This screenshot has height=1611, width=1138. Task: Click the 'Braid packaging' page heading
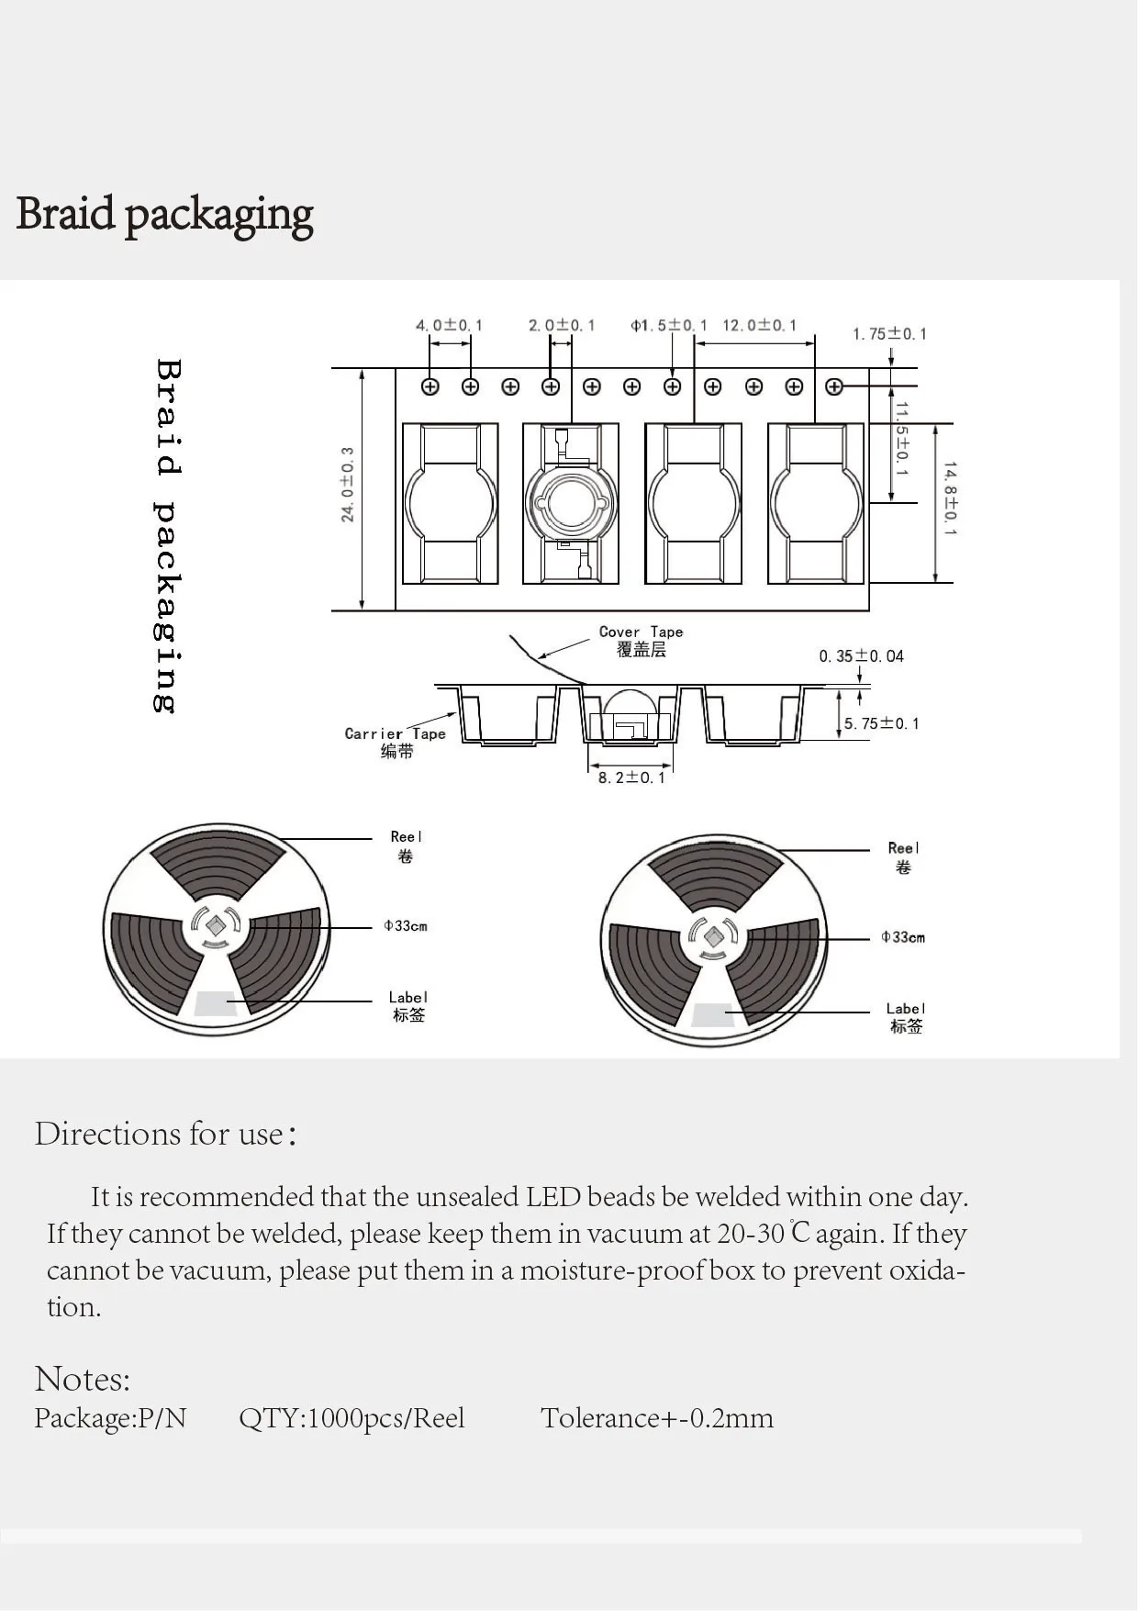pos(165,214)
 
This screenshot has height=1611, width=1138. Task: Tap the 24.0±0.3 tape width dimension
pos(348,485)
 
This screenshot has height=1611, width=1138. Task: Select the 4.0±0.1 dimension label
pos(449,325)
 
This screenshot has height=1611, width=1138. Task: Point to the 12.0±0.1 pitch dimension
pos(760,325)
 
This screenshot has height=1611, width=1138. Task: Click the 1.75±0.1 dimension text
pos(889,333)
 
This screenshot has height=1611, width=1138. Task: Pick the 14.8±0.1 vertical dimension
pos(950,499)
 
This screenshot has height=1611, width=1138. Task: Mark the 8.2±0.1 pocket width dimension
pos(631,778)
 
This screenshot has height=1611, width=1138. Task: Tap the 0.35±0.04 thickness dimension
pos(861,655)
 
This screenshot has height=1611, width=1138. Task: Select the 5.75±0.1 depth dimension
pos(881,723)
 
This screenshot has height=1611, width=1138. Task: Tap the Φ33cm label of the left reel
pos(406,925)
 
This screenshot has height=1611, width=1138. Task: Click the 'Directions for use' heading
pos(165,1134)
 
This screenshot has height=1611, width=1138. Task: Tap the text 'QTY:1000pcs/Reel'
pos(351,1418)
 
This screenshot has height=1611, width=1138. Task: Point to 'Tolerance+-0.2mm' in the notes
pos(657,1418)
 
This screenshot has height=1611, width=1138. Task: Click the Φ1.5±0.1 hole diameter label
pos(669,325)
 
